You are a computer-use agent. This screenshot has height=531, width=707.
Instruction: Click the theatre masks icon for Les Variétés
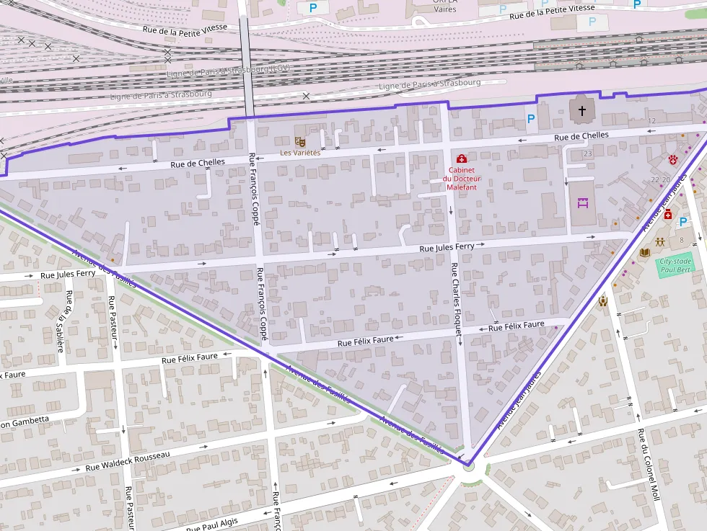click(x=299, y=143)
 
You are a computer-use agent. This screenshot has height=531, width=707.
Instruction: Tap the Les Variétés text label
click(x=299, y=153)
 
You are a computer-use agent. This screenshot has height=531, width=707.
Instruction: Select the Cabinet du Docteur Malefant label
click(x=461, y=179)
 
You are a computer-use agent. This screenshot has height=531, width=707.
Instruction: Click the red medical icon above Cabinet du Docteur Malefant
click(x=461, y=159)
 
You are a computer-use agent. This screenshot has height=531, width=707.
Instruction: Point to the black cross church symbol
click(x=582, y=111)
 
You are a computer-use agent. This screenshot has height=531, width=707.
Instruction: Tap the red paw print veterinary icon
click(x=674, y=159)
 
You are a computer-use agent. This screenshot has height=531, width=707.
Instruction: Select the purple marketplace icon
click(x=583, y=204)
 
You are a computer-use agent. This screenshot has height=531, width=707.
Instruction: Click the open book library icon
click(x=645, y=252)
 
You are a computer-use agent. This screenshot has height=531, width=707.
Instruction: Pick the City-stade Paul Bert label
click(x=676, y=265)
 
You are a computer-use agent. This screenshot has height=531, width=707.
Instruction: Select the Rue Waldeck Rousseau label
click(x=128, y=462)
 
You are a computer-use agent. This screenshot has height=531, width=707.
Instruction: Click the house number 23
click(x=587, y=153)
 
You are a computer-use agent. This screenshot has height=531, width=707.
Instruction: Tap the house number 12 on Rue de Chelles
click(x=651, y=120)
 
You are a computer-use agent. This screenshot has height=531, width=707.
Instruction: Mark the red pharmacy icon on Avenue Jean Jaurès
click(x=668, y=215)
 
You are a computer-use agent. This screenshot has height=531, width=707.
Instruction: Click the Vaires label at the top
click(x=445, y=9)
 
